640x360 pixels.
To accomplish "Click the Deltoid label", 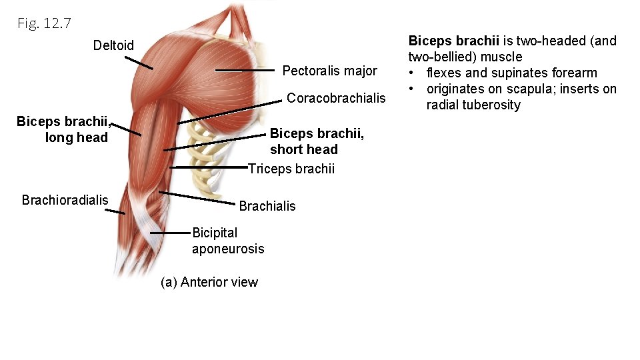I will pos(113,45).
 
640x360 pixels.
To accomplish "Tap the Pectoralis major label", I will pos(329,71).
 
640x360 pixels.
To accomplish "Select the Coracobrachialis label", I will pos(336,98).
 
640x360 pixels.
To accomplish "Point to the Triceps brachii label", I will pos(291,169).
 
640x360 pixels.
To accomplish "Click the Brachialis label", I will pos(267,206).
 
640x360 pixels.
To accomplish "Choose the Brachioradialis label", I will pos(65,200).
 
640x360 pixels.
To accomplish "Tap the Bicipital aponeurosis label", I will pos(227,241).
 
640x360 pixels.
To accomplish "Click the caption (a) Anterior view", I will pos(209,282).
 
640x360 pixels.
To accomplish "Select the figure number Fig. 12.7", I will pos(45,24).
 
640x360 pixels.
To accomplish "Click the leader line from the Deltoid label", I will pos(139,63).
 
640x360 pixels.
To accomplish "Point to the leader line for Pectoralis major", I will pos(245,70).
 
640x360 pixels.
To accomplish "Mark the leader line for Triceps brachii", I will pos(209,167).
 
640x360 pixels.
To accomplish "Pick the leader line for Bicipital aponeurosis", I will pos(171,233).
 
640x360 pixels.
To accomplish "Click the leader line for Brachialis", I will pos(198,197).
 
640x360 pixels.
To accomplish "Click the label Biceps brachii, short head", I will pos(317,141).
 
